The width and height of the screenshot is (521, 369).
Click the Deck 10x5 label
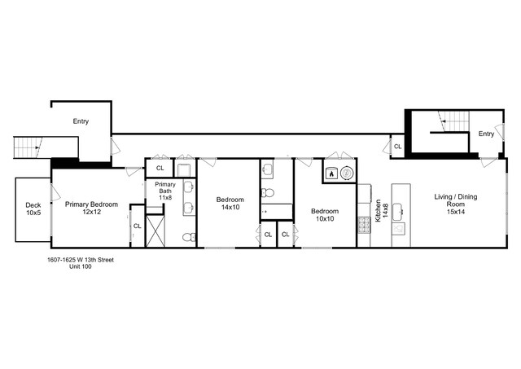pos(33,209)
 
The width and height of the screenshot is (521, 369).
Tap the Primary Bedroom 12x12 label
pos(91,209)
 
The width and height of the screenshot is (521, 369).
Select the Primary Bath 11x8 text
pos(165,191)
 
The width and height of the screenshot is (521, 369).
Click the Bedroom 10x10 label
pos(325,215)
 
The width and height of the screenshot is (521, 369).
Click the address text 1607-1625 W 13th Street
pos(80,260)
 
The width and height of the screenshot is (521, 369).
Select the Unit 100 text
pos(80,267)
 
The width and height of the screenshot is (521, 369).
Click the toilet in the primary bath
pos(187,238)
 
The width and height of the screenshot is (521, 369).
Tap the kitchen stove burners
pos(364,226)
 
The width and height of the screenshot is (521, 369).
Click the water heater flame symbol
pos(331,174)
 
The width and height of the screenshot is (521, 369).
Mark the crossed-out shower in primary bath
pos(155,231)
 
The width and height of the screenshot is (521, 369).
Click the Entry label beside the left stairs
pos(81,121)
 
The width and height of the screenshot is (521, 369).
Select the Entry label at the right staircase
pos(486,134)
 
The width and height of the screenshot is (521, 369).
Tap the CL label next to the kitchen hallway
pos(397,147)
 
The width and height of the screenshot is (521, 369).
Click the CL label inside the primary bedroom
pos(137,226)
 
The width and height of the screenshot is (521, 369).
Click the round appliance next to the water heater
pos(347,173)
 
